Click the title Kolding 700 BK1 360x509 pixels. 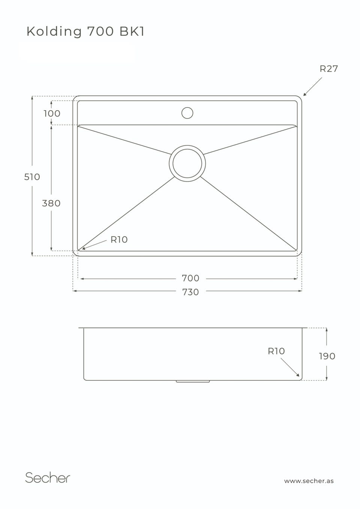point(85,31)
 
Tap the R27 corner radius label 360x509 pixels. point(328,69)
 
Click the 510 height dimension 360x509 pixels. point(32,177)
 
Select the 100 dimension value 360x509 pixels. point(52,114)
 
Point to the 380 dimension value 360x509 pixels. point(51,203)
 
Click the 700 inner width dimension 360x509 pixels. point(190,278)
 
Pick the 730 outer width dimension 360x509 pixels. point(190,292)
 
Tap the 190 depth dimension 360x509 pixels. point(327,356)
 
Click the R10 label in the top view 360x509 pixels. point(119,240)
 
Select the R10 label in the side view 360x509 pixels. point(276,351)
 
